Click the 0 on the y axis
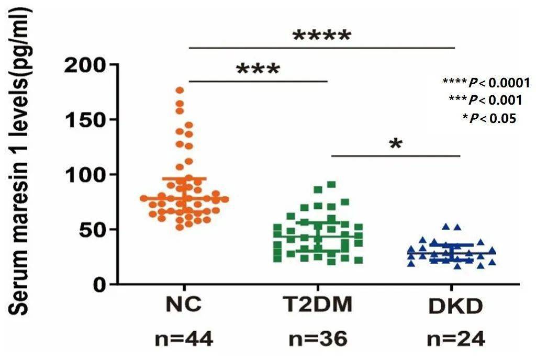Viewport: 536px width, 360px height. (x=100, y=284)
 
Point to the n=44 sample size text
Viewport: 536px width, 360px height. (x=184, y=340)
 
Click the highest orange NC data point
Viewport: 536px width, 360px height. (x=180, y=91)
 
